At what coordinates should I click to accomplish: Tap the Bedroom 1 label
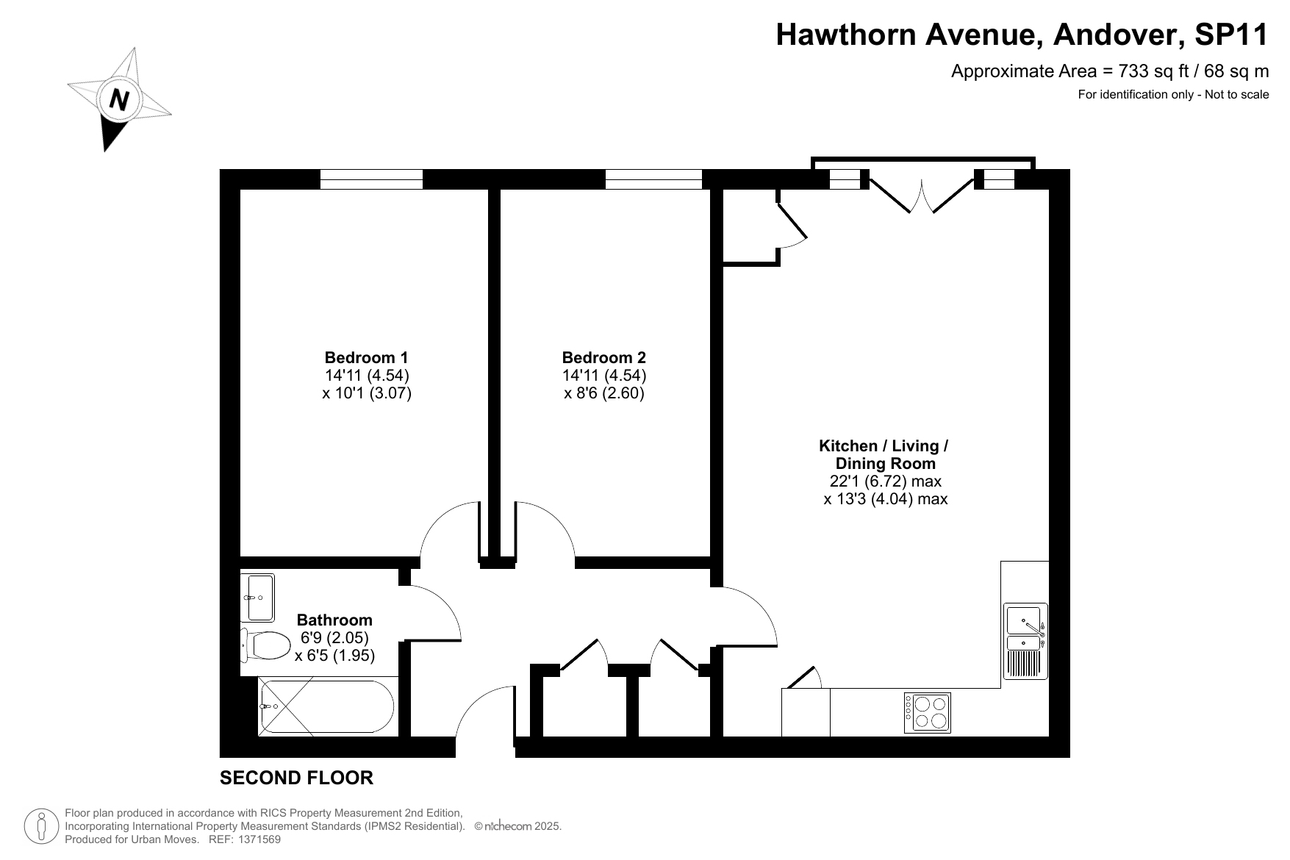(x=366, y=358)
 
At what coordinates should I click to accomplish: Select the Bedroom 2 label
(x=603, y=358)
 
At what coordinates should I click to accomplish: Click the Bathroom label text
(x=334, y=620)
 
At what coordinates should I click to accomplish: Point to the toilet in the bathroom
(x=265, y=645)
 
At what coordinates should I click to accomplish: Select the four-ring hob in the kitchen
(x=927, y=712)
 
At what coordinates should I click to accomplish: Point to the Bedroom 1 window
(x=372, y=179)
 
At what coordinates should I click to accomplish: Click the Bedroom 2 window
(x=654, y=179)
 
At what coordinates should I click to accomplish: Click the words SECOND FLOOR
(x=296, y=778)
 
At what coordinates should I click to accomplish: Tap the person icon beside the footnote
(x=42, y=826)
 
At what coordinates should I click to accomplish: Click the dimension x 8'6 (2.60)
(x=603, y=393)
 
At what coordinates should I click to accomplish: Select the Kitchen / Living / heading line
(x=884, y=446)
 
